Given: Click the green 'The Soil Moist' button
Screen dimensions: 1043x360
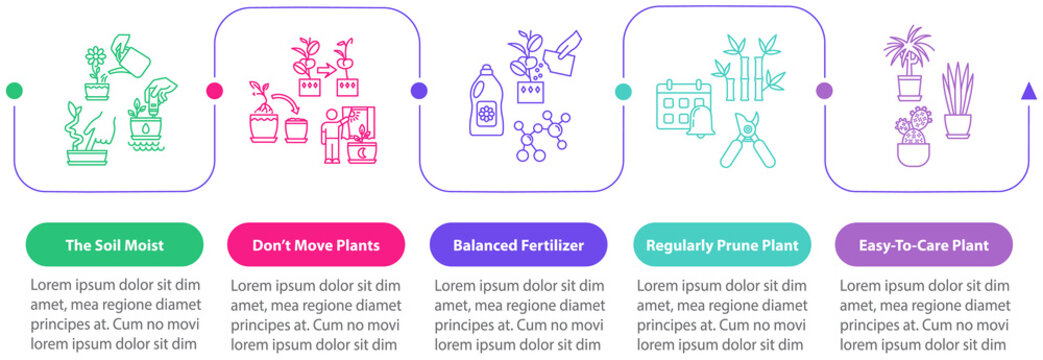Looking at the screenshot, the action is click(114, 244).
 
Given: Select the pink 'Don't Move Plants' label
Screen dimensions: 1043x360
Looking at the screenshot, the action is click(316, 244).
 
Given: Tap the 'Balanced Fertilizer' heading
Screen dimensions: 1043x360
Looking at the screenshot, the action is click(517, 244).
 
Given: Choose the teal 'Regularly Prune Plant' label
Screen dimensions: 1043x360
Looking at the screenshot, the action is click(721, 244).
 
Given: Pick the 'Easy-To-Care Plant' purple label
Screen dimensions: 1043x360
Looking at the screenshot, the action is click(923, 244).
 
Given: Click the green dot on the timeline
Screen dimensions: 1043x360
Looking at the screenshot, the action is click(14, 91).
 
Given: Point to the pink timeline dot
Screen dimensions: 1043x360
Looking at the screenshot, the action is click(214, 91).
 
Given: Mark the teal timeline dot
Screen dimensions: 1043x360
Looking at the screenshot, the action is click(623, 91).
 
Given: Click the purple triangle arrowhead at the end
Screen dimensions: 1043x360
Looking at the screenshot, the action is click(1027, 92).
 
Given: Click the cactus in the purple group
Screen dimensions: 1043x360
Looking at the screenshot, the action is click(914, 137).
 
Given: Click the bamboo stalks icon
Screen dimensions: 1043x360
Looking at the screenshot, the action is click(744, 70).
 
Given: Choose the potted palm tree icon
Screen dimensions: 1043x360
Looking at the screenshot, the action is click(908, 64).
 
